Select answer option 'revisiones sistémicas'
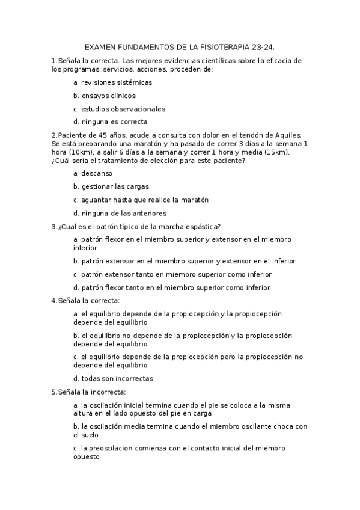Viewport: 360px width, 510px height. pyautogui.click(x=112, y=82)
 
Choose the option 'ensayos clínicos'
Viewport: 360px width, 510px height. pyautogui.click(x=104, y=96)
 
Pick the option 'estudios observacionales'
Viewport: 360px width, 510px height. pyautogui.click(x=119, y=109)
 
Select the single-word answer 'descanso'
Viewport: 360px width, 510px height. pyautogui.click(x=93, y=173)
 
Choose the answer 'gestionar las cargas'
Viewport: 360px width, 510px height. pyautogui.click(x=111, y=186)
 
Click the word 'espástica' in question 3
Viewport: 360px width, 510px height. pyautogui.click(x=201, y=226)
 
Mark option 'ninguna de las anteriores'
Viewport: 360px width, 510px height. pyautogui.click(x=120, y=213)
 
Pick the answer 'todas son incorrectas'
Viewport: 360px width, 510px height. pyautogui.click(x=113, y=379)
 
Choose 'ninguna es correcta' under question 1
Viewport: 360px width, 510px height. pyautogui.click(x=110, y=122)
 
